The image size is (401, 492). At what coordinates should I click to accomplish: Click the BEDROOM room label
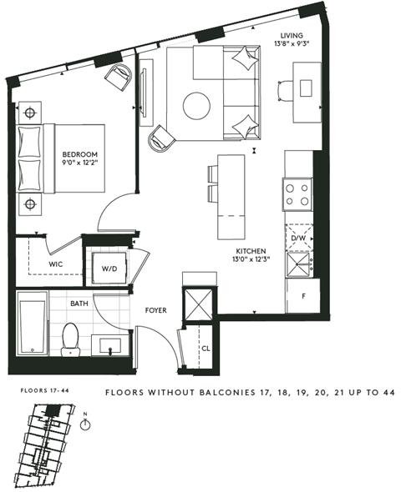click(x=80, y=154)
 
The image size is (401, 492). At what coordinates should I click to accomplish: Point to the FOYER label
click(x=155, y=310)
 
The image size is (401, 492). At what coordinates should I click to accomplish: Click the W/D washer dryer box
click(x=109, y=269)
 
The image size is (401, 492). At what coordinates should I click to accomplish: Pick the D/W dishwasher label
click(x=298, y=238)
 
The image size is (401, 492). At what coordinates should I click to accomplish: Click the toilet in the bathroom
click(x=70, y=337)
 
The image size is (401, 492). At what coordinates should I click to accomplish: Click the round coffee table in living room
click(x=197, y=105)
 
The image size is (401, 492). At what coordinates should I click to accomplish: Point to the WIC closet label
click(x=56, y=264)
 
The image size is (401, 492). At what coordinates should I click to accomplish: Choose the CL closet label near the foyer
click(x=205, y=349)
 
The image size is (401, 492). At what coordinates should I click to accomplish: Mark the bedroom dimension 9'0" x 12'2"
click(x=80, y=164)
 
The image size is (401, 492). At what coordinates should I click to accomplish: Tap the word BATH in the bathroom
click(x=79, y=304)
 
